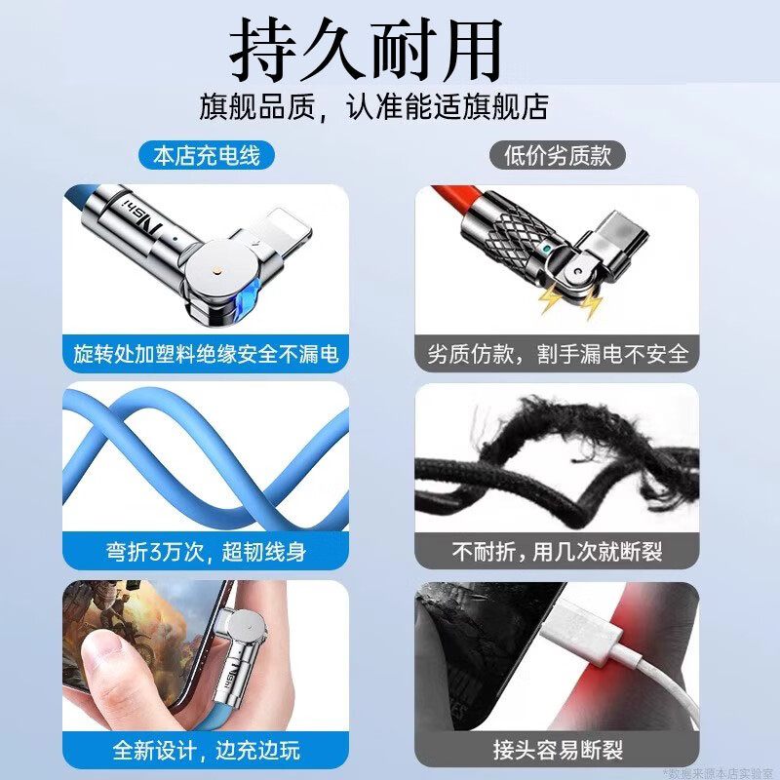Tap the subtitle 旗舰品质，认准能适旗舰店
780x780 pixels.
coord(387,106)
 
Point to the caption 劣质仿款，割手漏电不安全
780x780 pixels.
coord(558,353)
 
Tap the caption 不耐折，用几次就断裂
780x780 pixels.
coord(558,552)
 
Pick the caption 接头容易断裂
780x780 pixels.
coord(558,751)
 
